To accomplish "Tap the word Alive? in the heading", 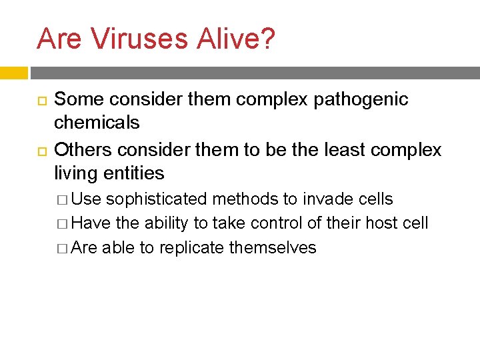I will click(237, 39).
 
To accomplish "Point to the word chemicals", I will click(97, 123).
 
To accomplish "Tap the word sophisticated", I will click(157, 199).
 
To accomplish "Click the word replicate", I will click(183, 248).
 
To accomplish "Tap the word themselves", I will click(273, 248).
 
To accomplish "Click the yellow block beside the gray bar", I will click(13, 73).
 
